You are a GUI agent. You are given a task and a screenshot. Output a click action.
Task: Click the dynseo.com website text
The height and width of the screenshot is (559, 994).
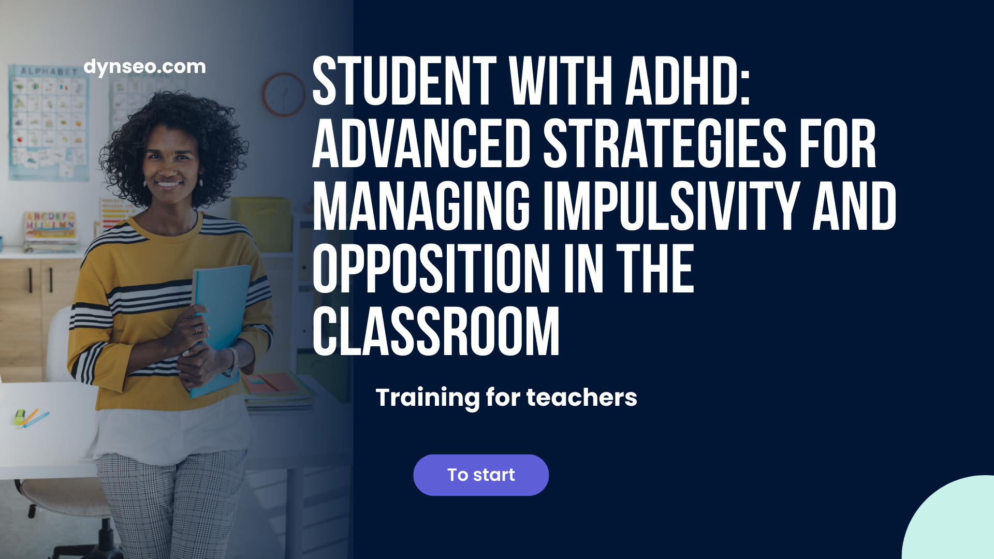(x=144, y=67)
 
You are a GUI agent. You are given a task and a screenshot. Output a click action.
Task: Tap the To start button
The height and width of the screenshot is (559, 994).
(x=481, y=475)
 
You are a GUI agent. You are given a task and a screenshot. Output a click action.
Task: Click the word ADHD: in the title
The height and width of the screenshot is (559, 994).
(x=688, y=81)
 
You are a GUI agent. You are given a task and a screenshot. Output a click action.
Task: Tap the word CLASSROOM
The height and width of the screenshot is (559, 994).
(x=436, y=331)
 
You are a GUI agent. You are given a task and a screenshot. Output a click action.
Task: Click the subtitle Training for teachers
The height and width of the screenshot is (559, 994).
(x=506, y=398)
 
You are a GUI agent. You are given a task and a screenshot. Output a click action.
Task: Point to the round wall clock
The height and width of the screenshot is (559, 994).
(x=284, y=94)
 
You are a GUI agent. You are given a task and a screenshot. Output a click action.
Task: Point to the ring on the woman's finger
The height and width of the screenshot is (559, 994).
(x=198, y=329)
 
